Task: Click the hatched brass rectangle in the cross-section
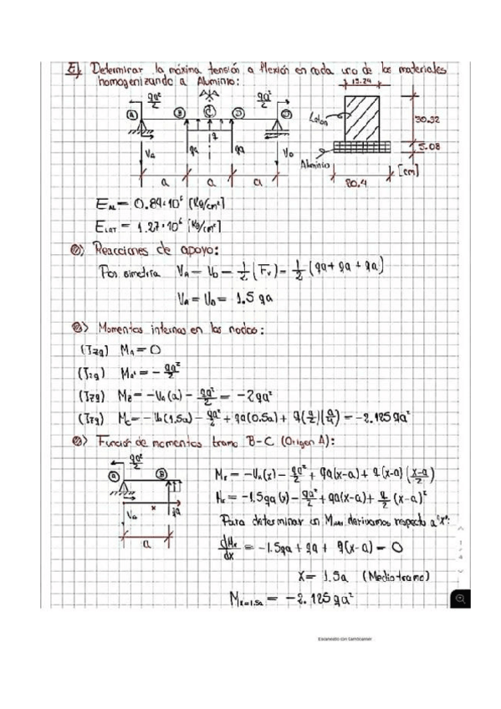[x=361, y=116]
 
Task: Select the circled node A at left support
[x=132, y=114]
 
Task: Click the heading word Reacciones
[x=120, y=248]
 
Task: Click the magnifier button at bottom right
[x=459, y=598]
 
